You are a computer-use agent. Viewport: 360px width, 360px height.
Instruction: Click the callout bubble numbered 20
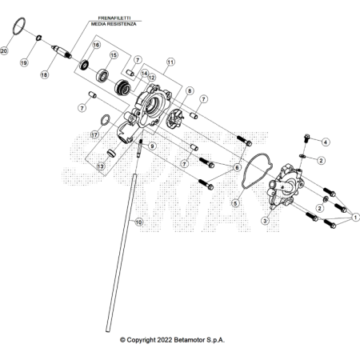4,50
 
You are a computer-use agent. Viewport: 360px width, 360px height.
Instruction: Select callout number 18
44,74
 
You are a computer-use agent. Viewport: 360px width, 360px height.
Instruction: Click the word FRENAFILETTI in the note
114,18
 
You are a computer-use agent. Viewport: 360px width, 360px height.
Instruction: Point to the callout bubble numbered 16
96,45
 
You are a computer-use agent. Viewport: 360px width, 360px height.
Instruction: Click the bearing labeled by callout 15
102,75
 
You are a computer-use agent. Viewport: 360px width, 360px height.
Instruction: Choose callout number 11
170,62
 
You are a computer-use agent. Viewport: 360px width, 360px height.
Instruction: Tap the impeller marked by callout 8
174,120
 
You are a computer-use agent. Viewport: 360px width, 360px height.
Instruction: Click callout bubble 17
94,134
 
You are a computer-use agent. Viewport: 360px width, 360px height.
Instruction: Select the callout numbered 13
101,166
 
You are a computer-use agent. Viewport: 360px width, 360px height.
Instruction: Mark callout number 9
152,146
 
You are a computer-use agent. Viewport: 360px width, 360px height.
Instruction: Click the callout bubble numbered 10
138,222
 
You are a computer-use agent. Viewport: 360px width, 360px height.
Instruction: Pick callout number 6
237,168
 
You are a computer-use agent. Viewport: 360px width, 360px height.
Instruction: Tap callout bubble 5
235,203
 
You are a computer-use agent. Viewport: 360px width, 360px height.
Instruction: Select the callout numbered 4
326,142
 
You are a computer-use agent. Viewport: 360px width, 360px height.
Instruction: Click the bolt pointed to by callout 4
306,138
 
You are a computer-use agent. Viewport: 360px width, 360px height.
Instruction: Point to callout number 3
265,221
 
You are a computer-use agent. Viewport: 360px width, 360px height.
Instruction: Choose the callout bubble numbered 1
355,218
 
